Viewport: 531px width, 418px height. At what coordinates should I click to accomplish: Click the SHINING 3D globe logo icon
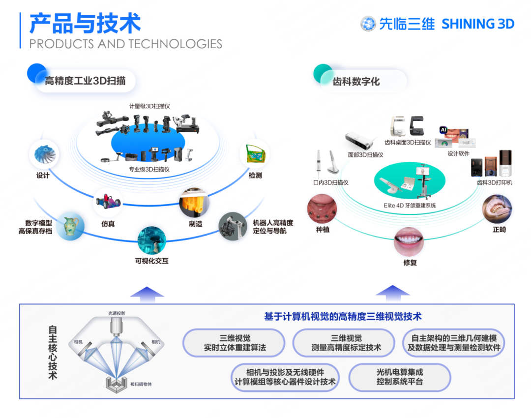pos(368,24)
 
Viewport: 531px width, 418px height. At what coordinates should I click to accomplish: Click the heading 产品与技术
pos(85,23)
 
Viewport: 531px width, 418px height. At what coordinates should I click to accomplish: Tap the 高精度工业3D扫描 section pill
pos(85,81)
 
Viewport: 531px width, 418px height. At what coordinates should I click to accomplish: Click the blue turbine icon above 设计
pos(45,154)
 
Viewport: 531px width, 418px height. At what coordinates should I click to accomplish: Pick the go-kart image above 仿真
pos(108,202)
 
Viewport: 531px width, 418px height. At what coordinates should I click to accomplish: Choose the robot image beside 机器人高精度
pos(232,226)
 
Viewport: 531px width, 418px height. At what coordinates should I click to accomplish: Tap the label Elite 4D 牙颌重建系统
pos(410,205)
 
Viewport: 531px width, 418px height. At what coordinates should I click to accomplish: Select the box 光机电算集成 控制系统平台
pos(399,377)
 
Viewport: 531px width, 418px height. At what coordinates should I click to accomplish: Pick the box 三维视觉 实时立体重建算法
pos(234,343)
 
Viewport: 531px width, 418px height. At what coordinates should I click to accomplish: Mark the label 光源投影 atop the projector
pos(117,313)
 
